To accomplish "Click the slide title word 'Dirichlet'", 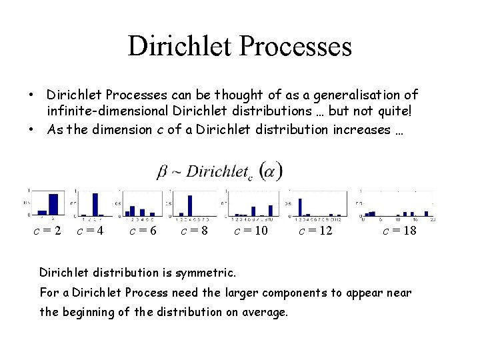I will click(x=176, y=47).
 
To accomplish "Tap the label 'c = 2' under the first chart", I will click(x=48, y=231).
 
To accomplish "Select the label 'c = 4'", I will click(x=90, y=231).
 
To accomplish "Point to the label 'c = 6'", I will click(x=143, y=231).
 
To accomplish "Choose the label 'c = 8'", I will click(x=194, y=231).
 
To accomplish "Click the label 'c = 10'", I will click(x=251, y=231).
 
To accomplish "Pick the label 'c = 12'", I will click(x=315, y=231).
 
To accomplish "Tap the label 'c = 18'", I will click(x=399, y=231).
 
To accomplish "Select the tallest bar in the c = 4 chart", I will click(x=95, y=205).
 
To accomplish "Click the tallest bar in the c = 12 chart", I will click(x=299, y=207).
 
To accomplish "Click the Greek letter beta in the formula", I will click(x=162, y=171).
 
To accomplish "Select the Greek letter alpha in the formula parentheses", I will click(x=271, y=172).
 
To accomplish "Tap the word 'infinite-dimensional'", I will click(x=107, y=112).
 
